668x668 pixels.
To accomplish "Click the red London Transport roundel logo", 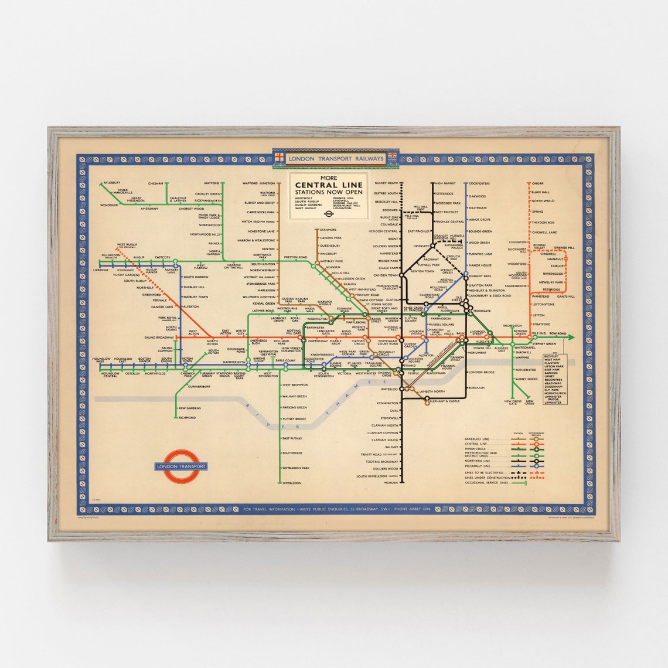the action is (180, 466).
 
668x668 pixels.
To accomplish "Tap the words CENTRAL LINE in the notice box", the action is (329, 185).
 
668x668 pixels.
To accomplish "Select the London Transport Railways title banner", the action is (335, 159).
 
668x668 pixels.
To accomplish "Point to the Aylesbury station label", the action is (112, 183).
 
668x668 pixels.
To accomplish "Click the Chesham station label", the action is (155, 183).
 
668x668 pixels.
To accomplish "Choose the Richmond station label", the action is (188, 418).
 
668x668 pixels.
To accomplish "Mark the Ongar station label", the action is (537, 183).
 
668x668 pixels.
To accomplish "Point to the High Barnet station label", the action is (445, 183).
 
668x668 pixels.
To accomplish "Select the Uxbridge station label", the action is (101, 270).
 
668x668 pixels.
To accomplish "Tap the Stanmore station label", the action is (329, 229).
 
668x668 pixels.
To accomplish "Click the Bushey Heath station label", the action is (386, 183).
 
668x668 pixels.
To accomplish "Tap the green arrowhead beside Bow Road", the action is (571, 337).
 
